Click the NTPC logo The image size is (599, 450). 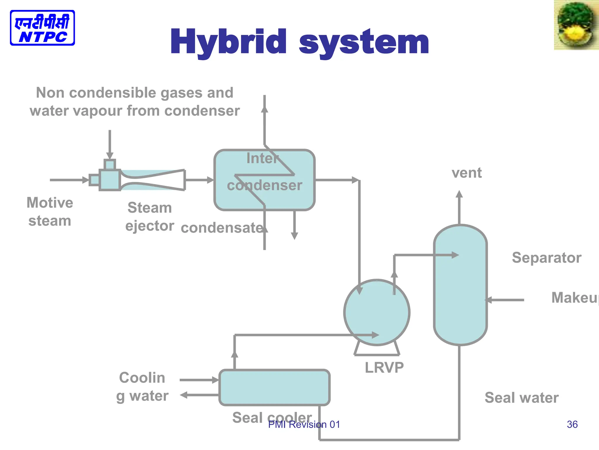(x=42, y=28)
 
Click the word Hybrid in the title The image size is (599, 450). (x=228, y=42)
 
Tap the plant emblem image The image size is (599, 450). (x=576, y=25)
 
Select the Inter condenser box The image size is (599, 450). (x=264, y=180)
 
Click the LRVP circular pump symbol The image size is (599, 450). (x=377, y=312)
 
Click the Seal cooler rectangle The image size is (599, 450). (x=274, y=387)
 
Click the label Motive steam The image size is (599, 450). (x=50, y=212)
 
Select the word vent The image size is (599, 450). (x=467, y=173)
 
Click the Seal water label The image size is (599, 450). (x=521, y=398)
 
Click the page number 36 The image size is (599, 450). (x=572, y=424)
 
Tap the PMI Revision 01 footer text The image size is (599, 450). (x=304, y=424)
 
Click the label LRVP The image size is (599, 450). (x=384, y=367)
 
